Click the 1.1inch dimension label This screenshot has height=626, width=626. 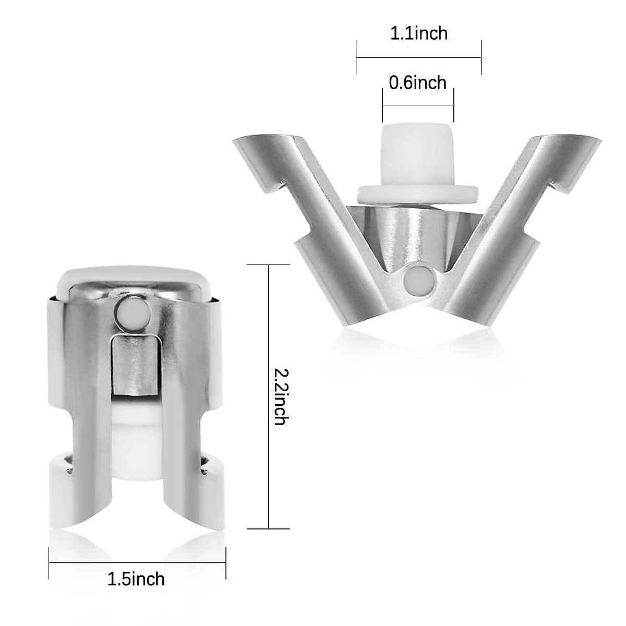418,34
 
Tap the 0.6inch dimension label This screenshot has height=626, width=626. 418,82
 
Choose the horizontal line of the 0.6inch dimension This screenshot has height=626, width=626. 418,105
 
